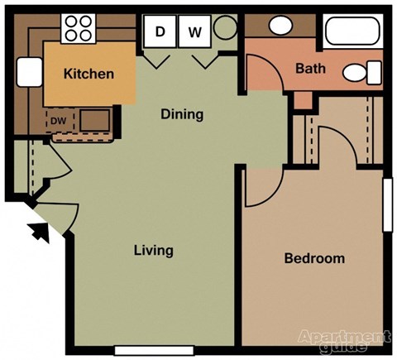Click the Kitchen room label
click(88, 74)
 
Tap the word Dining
click(181, 114)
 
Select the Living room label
click(153, 250)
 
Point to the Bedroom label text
click(313, 258)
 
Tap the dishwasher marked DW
click(58, 121)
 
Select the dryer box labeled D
click(160, 33)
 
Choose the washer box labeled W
click(195, 33)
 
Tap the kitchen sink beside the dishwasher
click(93, 122)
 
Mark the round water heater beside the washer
click(225, 31)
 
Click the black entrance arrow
click(38, 231)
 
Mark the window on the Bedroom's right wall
click(386, 204)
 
